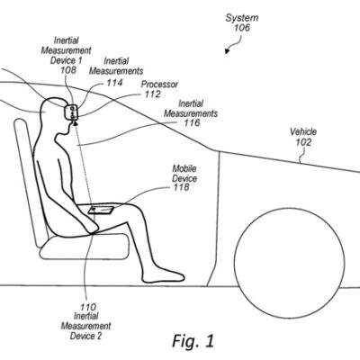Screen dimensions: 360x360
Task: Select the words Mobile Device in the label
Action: (x=185, y=172)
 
